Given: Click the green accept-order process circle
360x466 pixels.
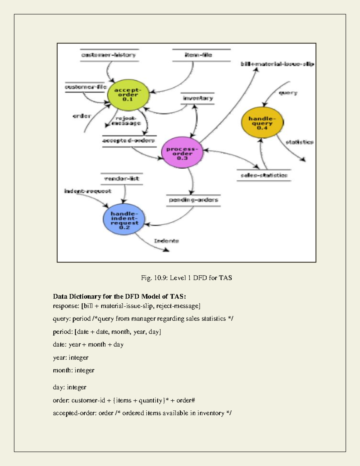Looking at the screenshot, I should [x=128, y=95].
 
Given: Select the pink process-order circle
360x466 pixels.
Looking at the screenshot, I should [x=182, y=153].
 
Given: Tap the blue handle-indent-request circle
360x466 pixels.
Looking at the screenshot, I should [x=124, y=220].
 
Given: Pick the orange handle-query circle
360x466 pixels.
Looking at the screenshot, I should [x=262, y=123].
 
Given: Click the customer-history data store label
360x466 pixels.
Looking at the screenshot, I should [x=109, y=55].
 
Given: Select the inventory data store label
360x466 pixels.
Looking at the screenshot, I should [x=198, y=98].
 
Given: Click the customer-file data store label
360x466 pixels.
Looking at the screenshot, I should [x=85, y=87].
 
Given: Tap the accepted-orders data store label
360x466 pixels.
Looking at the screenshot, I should [x=128, y=140].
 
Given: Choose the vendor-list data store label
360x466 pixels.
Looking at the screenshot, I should [x=121, y=179].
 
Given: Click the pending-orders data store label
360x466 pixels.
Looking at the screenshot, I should [x=193, y=200].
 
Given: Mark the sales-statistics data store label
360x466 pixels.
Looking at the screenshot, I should [x=264, y=175].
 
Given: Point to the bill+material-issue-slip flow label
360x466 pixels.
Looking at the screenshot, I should [x=277, y=64].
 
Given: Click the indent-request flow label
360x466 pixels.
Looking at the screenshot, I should [x=88, y=191].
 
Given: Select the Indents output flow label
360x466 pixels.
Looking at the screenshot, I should [x=166, y=241].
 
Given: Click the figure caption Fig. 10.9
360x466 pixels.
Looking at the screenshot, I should [x=186, y=278].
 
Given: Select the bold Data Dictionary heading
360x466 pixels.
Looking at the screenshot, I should [x=119, y=296].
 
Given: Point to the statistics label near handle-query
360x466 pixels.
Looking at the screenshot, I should [x=299, y=142].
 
